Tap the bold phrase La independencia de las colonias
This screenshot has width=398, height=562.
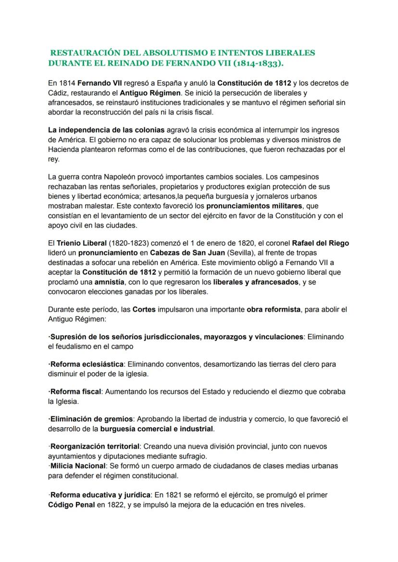click(x=106, y=130)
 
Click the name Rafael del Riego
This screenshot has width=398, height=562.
click(x=321, y=243)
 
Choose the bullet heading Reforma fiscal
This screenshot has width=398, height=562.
click(x=75, y=392)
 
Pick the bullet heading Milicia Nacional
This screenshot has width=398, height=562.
click(x=78, y=466)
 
